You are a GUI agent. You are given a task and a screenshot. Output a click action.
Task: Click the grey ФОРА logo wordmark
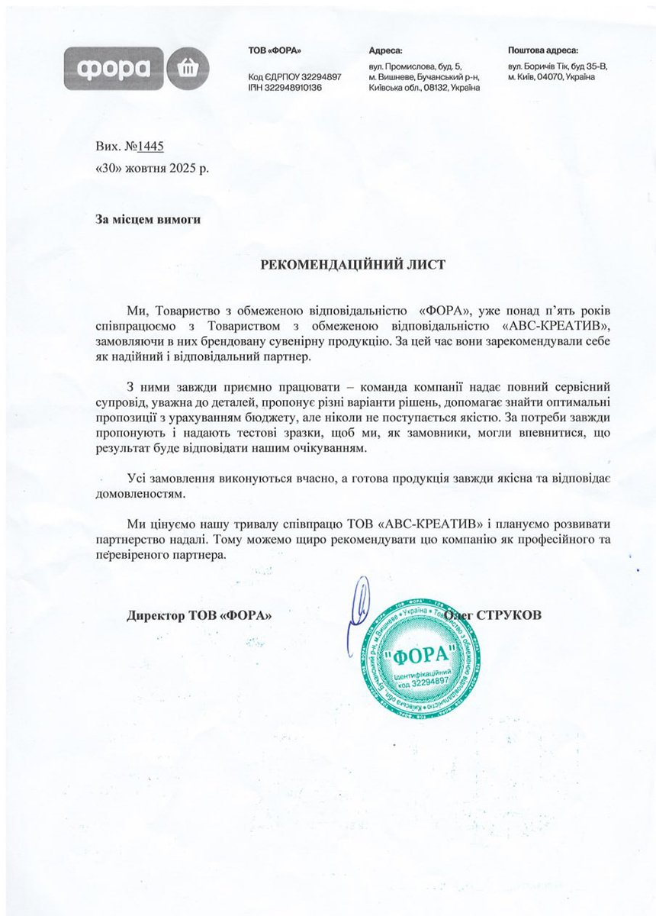113,68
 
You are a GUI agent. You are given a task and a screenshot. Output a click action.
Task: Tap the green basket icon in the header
186,68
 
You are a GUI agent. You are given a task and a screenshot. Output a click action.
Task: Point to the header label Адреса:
385,50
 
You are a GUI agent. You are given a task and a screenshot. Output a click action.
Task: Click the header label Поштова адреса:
543,50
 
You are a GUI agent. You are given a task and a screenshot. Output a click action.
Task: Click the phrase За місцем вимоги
148,219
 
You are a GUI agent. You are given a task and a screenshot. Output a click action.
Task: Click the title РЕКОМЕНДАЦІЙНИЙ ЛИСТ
352,264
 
